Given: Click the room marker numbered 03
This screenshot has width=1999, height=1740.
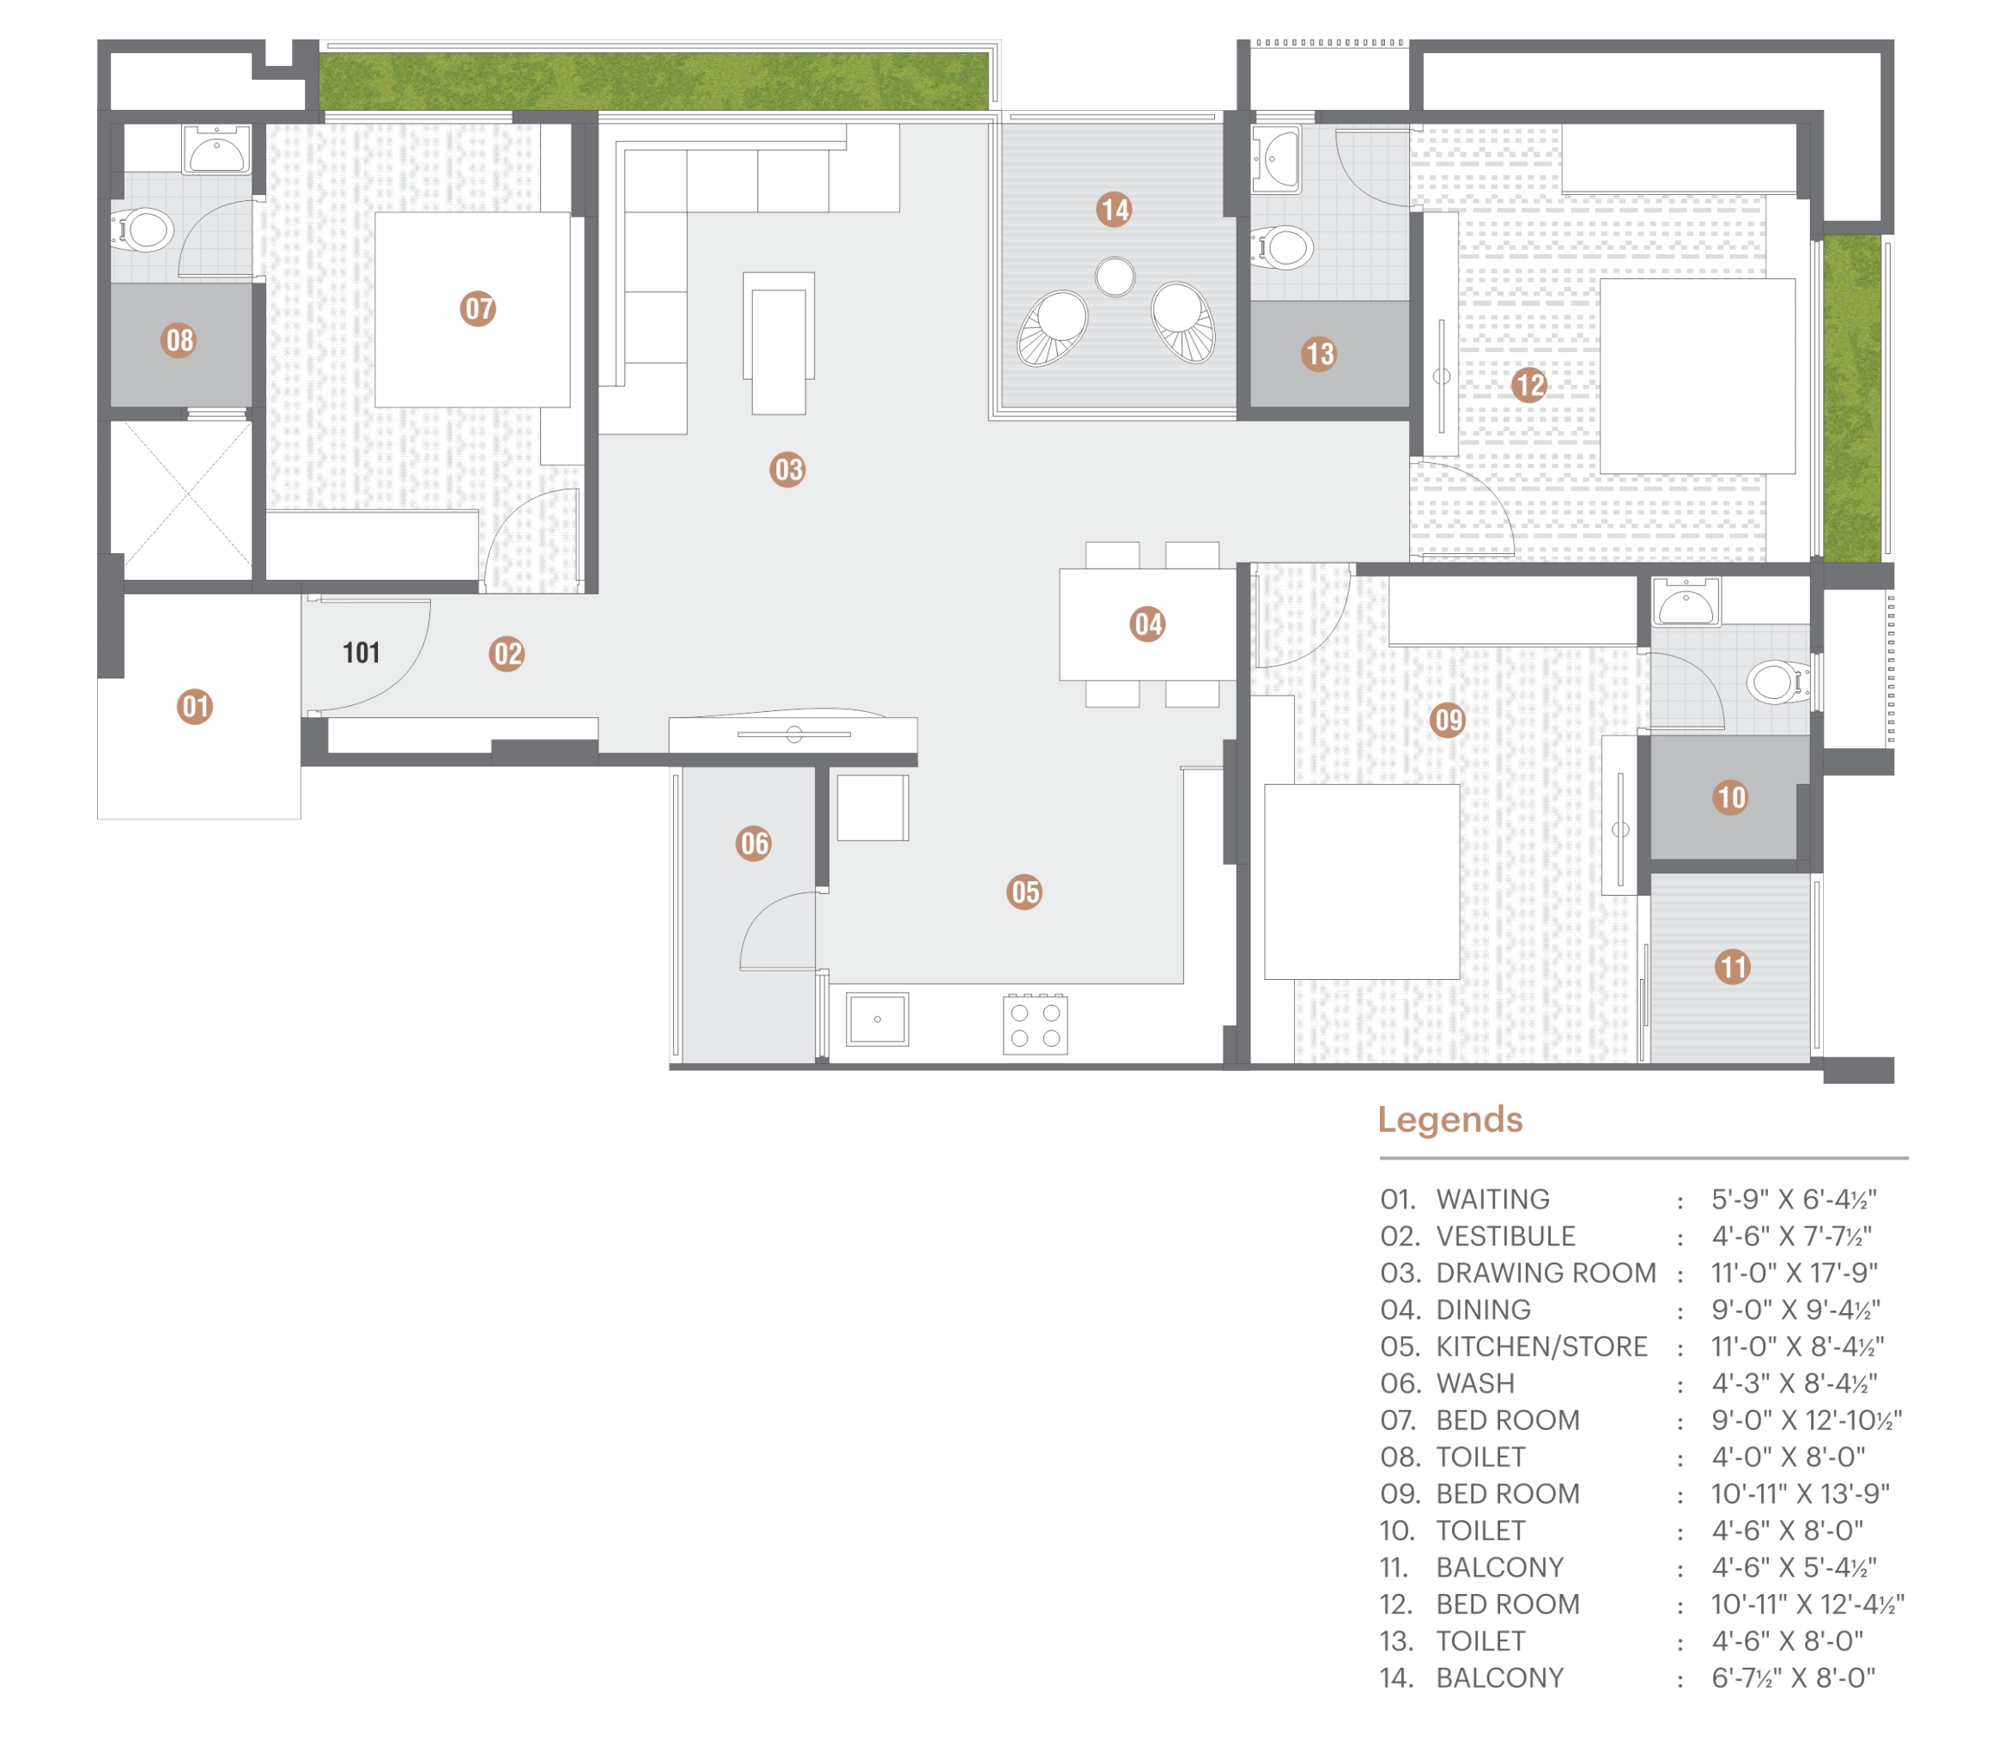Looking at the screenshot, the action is pos(787,470).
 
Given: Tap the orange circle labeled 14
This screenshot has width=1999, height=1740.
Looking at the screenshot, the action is pos(1115,210).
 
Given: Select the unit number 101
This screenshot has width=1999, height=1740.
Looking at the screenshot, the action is pos(362,653).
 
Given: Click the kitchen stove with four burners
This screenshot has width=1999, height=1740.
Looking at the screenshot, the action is pos(1035,1025).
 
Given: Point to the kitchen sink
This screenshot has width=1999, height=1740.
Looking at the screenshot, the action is pos(878,1019).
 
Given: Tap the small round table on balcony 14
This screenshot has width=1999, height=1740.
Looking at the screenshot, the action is pos(1115,277).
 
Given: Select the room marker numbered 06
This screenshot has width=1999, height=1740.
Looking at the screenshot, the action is pos(755,843).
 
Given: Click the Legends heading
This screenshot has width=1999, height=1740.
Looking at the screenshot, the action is pos(1449,1121).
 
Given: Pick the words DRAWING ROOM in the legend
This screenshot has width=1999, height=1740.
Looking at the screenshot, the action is pos(1546,1273).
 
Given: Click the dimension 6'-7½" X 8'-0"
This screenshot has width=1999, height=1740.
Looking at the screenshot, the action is pos(1793,1678).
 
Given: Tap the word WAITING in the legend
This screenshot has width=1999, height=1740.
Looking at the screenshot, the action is pos(1492,1199).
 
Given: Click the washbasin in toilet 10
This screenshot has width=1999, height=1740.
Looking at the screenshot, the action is pos(1686,602).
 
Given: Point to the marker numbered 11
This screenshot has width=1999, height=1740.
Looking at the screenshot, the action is pos(1732,967).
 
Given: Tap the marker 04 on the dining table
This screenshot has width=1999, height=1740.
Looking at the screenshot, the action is pos(1147,624).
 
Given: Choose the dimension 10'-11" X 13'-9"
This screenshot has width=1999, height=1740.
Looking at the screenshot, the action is pos(1800,1494).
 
